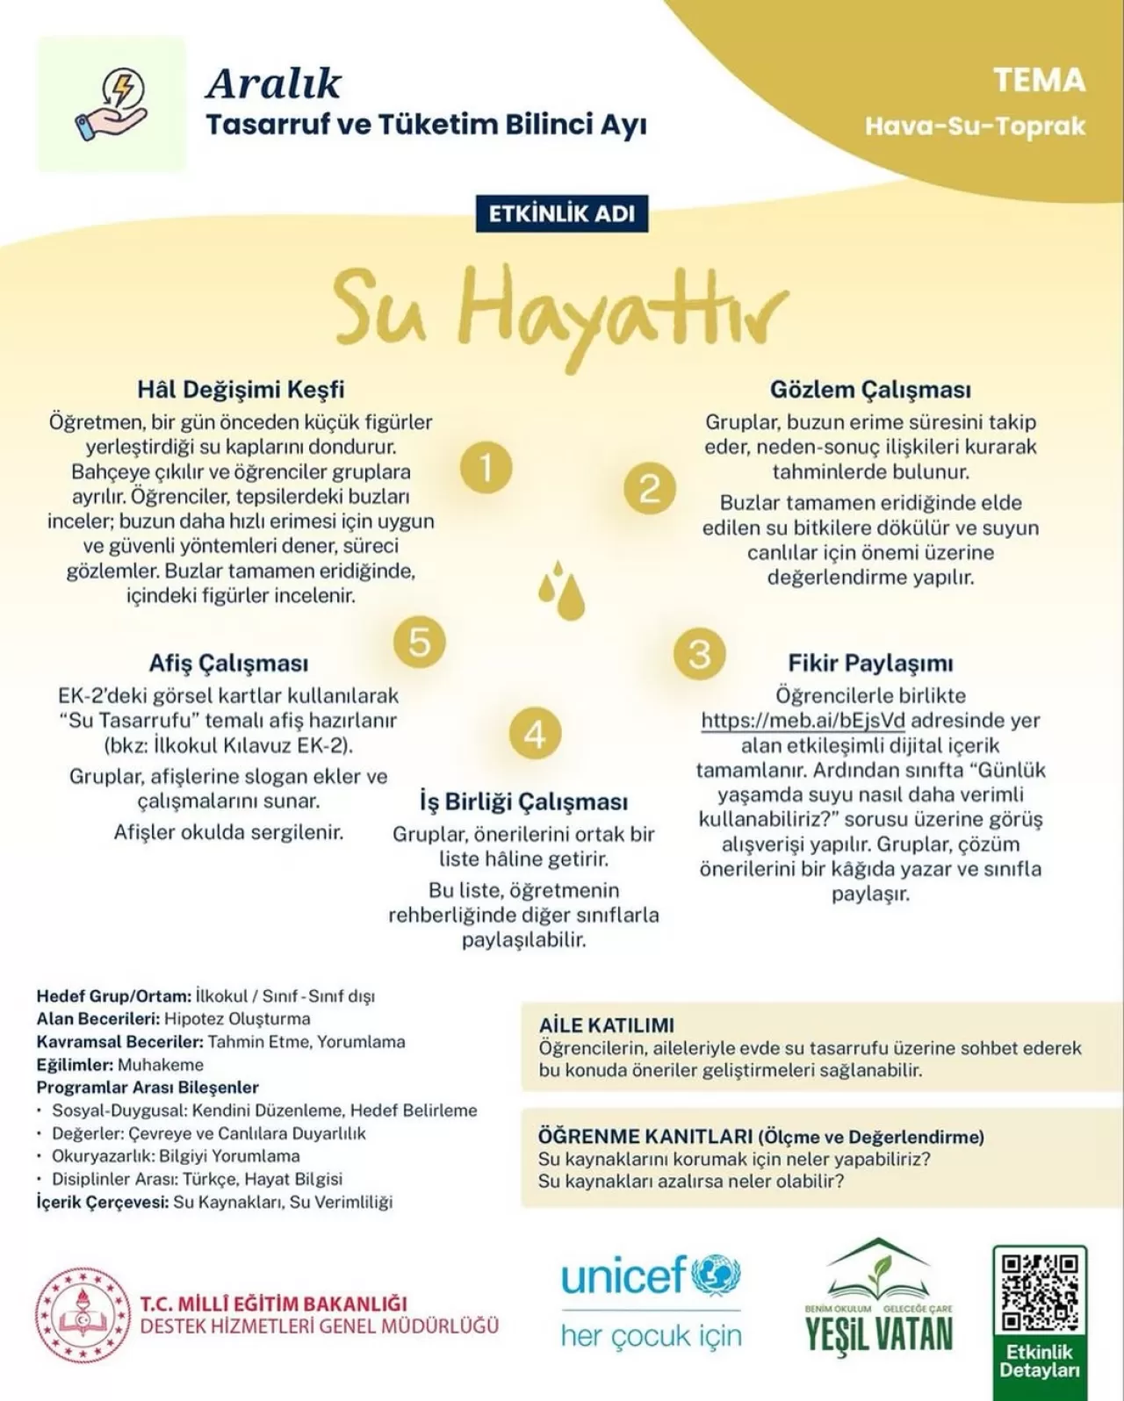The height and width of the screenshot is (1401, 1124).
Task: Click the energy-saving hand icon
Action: (x=112, y=104)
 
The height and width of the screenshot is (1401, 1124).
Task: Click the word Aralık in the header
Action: (x=274, y=84)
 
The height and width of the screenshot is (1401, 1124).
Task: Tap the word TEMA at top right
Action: (x=1040, y=81)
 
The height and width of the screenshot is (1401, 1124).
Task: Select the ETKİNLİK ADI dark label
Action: (x=562, y=213)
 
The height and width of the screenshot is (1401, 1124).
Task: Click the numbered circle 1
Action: (x=486, y=466)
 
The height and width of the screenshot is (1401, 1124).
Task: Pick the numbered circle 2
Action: (x=650, y=488)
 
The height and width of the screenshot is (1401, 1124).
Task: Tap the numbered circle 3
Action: (x=700, y=654)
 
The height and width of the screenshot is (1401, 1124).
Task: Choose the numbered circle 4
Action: (x=535, y=733)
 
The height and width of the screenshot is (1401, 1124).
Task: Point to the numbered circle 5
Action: (x=420, y=642)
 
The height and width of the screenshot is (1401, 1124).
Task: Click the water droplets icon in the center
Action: (x=562, y=590)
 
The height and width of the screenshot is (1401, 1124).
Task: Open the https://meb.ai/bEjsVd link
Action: (x=803, y=721)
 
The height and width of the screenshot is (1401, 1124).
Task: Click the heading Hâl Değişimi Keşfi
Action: (x=241, y=389)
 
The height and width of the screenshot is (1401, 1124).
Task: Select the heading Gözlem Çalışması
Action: (x=870, y=389)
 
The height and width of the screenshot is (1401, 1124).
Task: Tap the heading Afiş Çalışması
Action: (x=228, y=663)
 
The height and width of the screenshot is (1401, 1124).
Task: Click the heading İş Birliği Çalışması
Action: (x=523, y=801)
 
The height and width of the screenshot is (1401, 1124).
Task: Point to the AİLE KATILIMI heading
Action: (x=606, y=1024)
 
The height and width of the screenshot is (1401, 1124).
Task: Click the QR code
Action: (x=1040, y=1291)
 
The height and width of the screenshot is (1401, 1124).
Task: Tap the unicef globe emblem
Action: (x=717, y=1276)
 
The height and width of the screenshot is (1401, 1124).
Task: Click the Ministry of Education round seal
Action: (x=83, y=1316)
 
